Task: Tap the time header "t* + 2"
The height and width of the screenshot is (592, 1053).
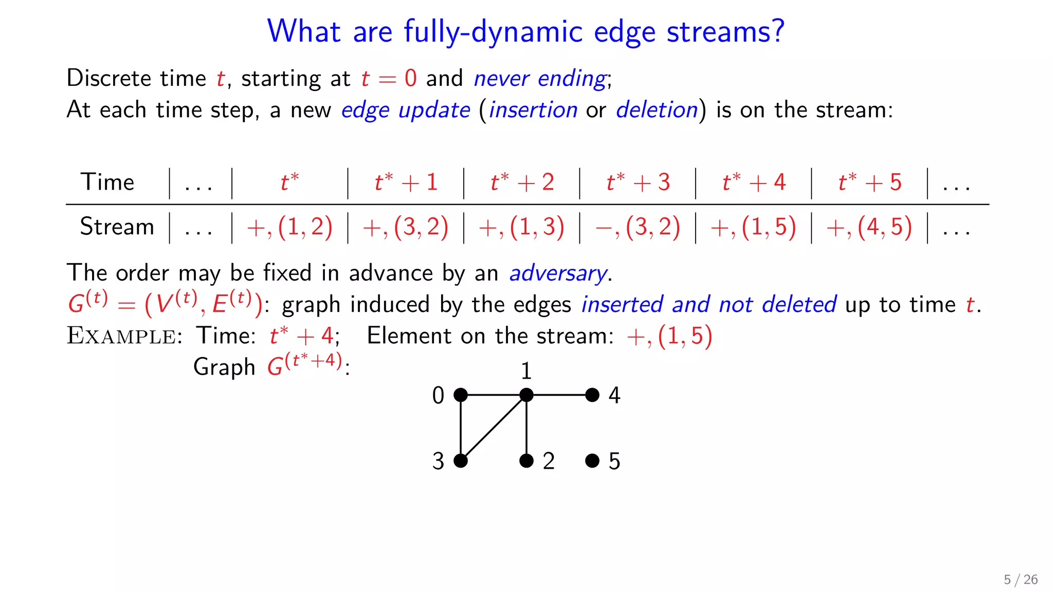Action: click(522, 182)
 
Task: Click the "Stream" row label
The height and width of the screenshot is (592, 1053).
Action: click(117, 227)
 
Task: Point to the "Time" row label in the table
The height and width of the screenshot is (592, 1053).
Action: click(107, 182)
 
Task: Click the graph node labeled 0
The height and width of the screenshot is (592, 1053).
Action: click(461, 395)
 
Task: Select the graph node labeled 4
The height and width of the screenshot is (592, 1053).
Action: click(592, 395)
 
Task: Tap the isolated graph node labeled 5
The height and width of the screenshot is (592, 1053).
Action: click(592, 460)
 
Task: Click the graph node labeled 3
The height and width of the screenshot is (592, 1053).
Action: click(461, 460)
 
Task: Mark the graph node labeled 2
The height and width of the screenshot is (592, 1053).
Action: click(526, 460)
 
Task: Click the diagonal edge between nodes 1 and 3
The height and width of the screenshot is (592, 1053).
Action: click(494, 428)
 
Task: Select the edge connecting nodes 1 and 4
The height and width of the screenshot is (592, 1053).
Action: click(559, 395)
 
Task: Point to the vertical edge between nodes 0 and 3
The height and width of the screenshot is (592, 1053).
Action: click(461, 428)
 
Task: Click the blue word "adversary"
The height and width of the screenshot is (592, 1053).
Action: click(558, 273)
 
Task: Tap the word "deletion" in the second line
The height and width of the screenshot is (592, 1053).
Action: click(657, 110)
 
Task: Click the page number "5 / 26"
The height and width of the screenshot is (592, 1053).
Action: click(1021, 580)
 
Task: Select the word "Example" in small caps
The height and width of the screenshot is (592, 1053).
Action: click(122, 336)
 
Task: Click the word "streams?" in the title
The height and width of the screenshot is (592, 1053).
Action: click(725, 32)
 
